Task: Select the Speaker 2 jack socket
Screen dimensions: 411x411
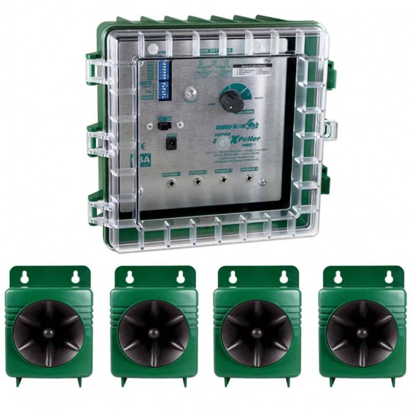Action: [197, 181]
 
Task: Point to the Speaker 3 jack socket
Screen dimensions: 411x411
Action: [223, 180]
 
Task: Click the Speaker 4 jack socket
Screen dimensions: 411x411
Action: [249, 179]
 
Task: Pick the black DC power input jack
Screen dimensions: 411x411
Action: [170, 143]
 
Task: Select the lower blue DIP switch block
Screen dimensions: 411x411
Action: [165, 90]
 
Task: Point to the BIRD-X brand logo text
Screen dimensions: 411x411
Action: [233, 125]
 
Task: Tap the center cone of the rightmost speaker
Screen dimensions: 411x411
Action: [362, 332]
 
